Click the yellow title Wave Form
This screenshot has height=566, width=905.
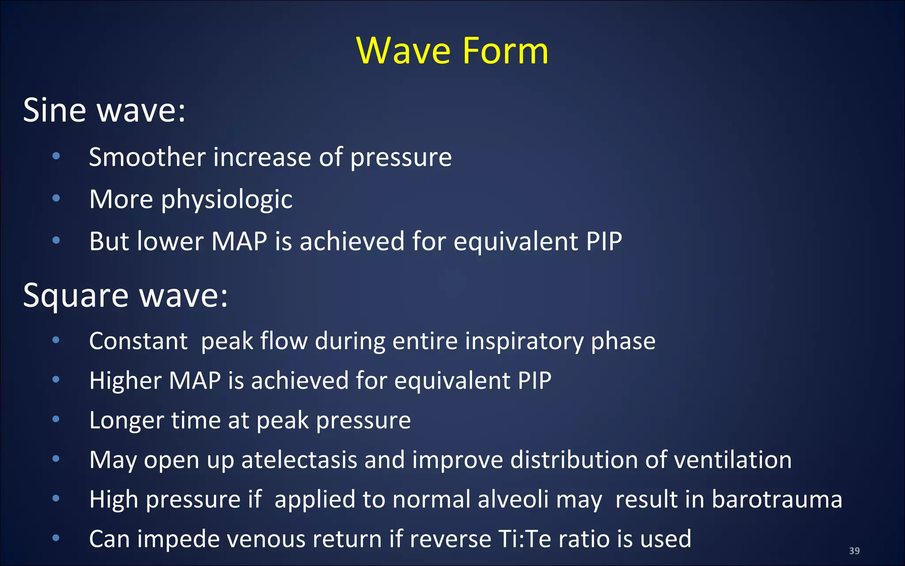pos(452,51)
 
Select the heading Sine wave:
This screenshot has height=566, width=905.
pos(104,110)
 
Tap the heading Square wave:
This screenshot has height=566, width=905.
pos(125,295)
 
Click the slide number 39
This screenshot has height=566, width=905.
pos(854,551)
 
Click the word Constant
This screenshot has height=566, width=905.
pos(138,341)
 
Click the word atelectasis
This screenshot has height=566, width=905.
pos(299,460)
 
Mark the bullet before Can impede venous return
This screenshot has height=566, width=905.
pos(56,538)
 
